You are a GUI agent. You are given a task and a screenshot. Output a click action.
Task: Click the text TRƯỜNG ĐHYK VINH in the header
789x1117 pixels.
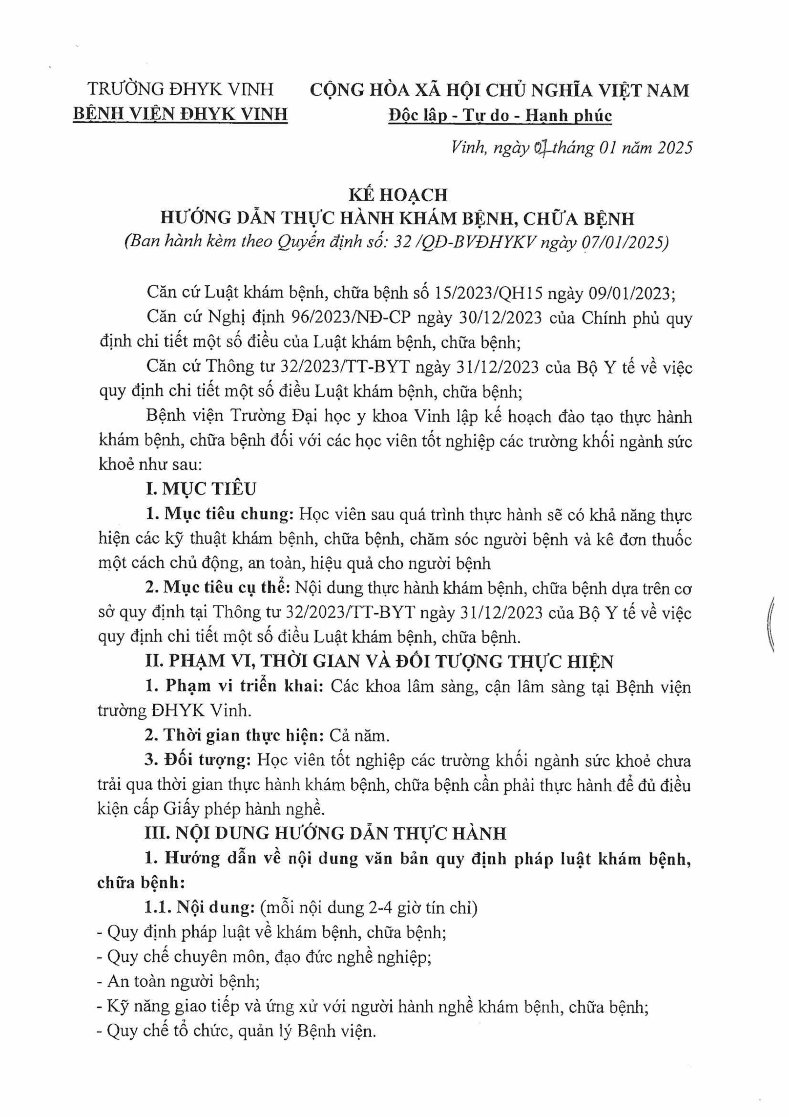(x=180, y=89)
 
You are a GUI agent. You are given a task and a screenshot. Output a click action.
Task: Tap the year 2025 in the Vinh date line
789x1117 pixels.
(x=675, y=147)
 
